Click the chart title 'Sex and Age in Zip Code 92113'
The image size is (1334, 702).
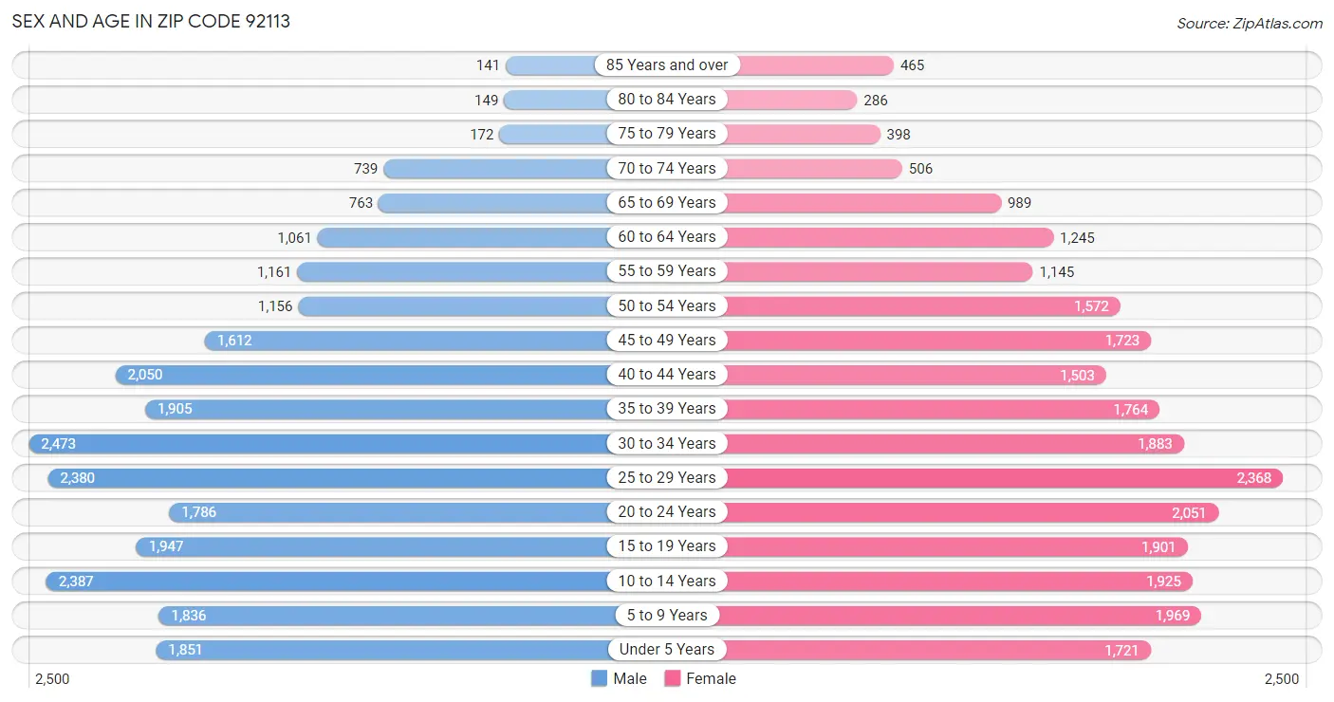point(151,21)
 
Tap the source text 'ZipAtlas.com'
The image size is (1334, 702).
point(1249,23)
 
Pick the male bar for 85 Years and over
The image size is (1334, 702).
point(555,65)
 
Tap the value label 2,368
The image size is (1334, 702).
point(1253,478)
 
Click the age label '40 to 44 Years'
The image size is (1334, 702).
point(667,375)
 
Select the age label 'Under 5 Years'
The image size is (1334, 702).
point(667,650)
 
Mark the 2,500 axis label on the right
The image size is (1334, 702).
point(1281,679)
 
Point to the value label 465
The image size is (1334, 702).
point(912,65)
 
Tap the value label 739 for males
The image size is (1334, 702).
point(365,169)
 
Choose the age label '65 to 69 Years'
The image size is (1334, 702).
point(667,203)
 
